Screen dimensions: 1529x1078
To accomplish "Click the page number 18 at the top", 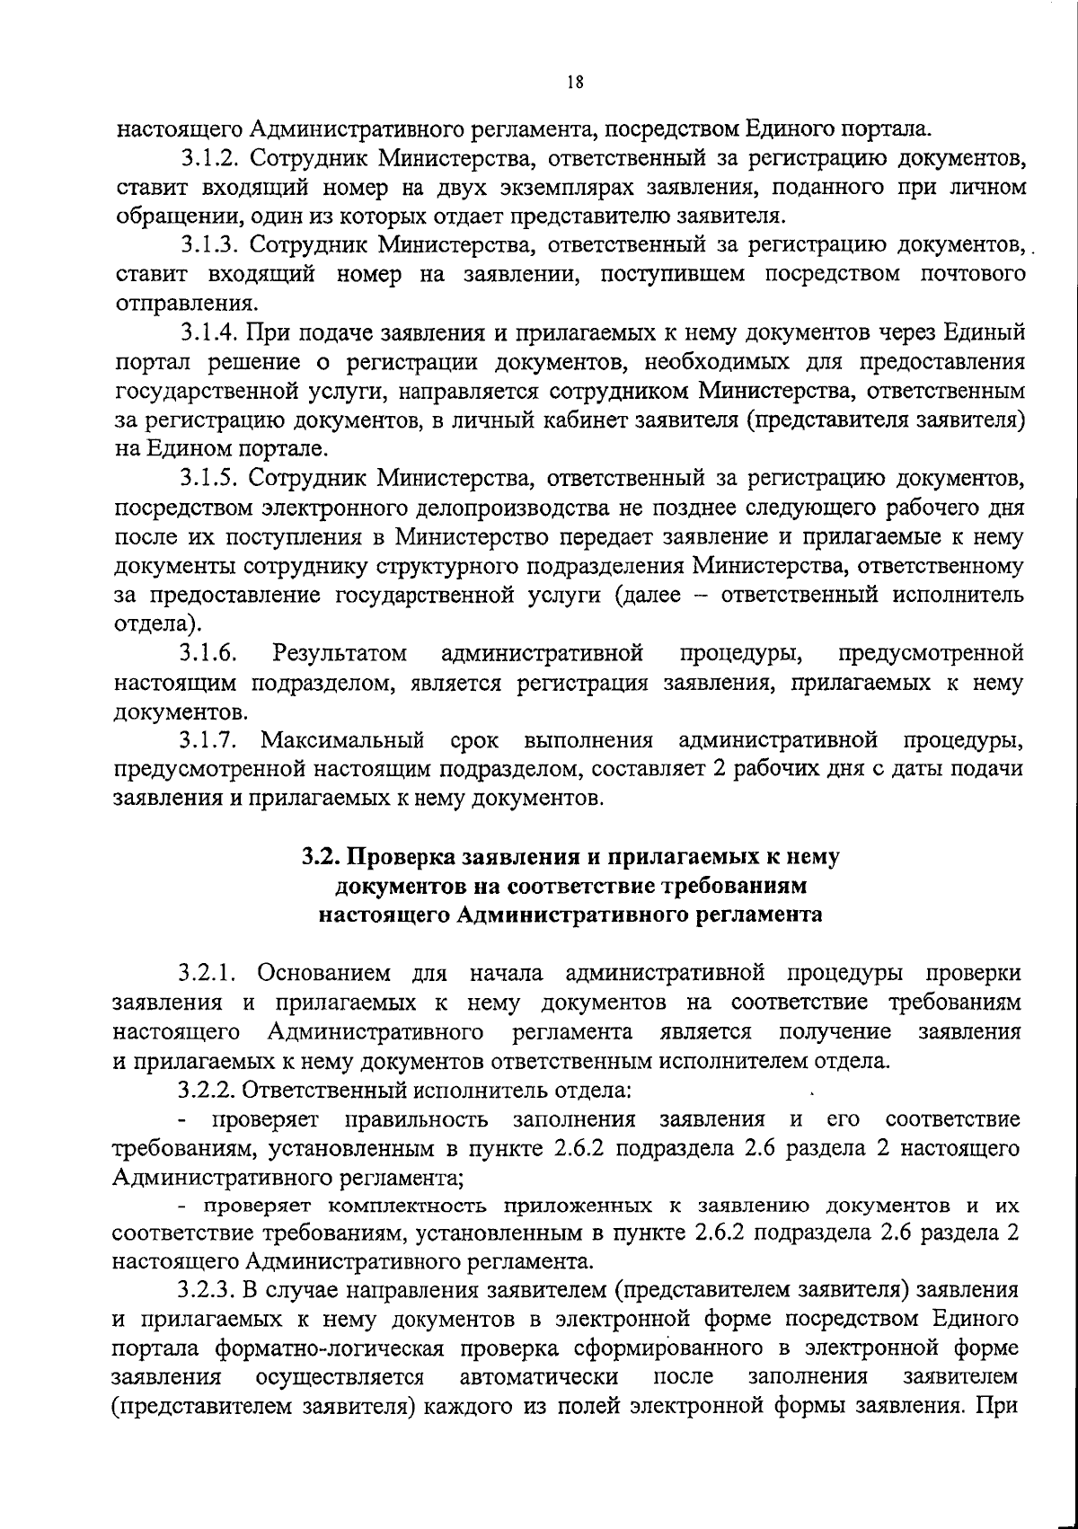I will pos(575,82).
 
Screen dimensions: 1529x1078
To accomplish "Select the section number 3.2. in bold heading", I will pos(319,856).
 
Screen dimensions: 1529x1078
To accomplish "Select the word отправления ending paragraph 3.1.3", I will pos(175,303).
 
